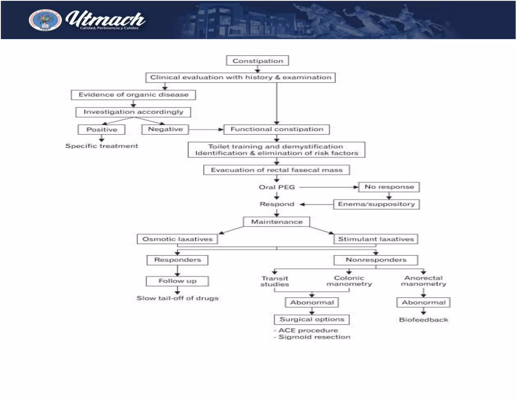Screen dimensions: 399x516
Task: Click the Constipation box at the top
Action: tap(257, 61)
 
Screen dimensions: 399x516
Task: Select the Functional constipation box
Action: tap(276, 129)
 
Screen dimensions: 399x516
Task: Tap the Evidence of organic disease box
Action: tap(133, 95)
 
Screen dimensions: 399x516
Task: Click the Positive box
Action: tap(102, 130)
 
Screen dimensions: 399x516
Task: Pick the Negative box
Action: tap(165, 129)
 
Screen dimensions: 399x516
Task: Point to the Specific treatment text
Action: tap(102, 146)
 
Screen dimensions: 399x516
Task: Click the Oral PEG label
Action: tap(277, 187)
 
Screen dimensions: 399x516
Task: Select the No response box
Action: tap(389, 187)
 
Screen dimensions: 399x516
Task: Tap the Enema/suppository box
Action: tap(376, 204)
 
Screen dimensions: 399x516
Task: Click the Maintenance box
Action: tap(276, 222)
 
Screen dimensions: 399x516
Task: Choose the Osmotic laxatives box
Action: tap(177, 239)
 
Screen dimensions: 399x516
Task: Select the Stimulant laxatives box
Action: tap(376, 239)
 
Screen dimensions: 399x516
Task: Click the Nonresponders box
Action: tap(376, 260)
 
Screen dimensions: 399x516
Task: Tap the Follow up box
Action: tap(177, 281)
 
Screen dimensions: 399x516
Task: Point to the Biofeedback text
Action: tap(423, 320)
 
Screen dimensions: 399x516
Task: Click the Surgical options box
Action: tap(312, 320)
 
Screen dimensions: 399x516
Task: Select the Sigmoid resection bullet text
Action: tap(314, 337)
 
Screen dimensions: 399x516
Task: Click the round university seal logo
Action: tap(45, 20)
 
